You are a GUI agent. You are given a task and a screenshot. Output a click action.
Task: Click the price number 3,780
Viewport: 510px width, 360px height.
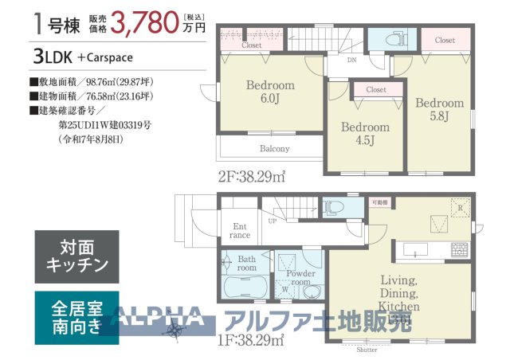pos(145,22)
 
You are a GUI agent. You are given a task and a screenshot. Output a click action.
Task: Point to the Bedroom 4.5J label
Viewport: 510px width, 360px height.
pos(365,132)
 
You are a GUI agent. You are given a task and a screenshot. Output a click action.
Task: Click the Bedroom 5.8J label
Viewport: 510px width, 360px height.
pos(438,109)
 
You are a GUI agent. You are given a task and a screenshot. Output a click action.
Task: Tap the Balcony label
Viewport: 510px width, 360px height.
pos(274,149)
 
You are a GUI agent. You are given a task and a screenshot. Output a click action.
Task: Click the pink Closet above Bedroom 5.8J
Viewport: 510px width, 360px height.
pos(445,40)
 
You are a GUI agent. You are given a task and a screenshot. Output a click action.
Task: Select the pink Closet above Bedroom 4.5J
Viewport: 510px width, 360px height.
pos(376,90)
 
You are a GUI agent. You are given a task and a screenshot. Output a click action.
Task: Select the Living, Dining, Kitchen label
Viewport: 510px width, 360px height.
pos(399,293)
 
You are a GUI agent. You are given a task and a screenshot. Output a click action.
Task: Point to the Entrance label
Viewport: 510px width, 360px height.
pos(240,230)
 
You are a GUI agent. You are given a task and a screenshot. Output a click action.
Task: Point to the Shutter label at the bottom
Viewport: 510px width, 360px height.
pos(367,349)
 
